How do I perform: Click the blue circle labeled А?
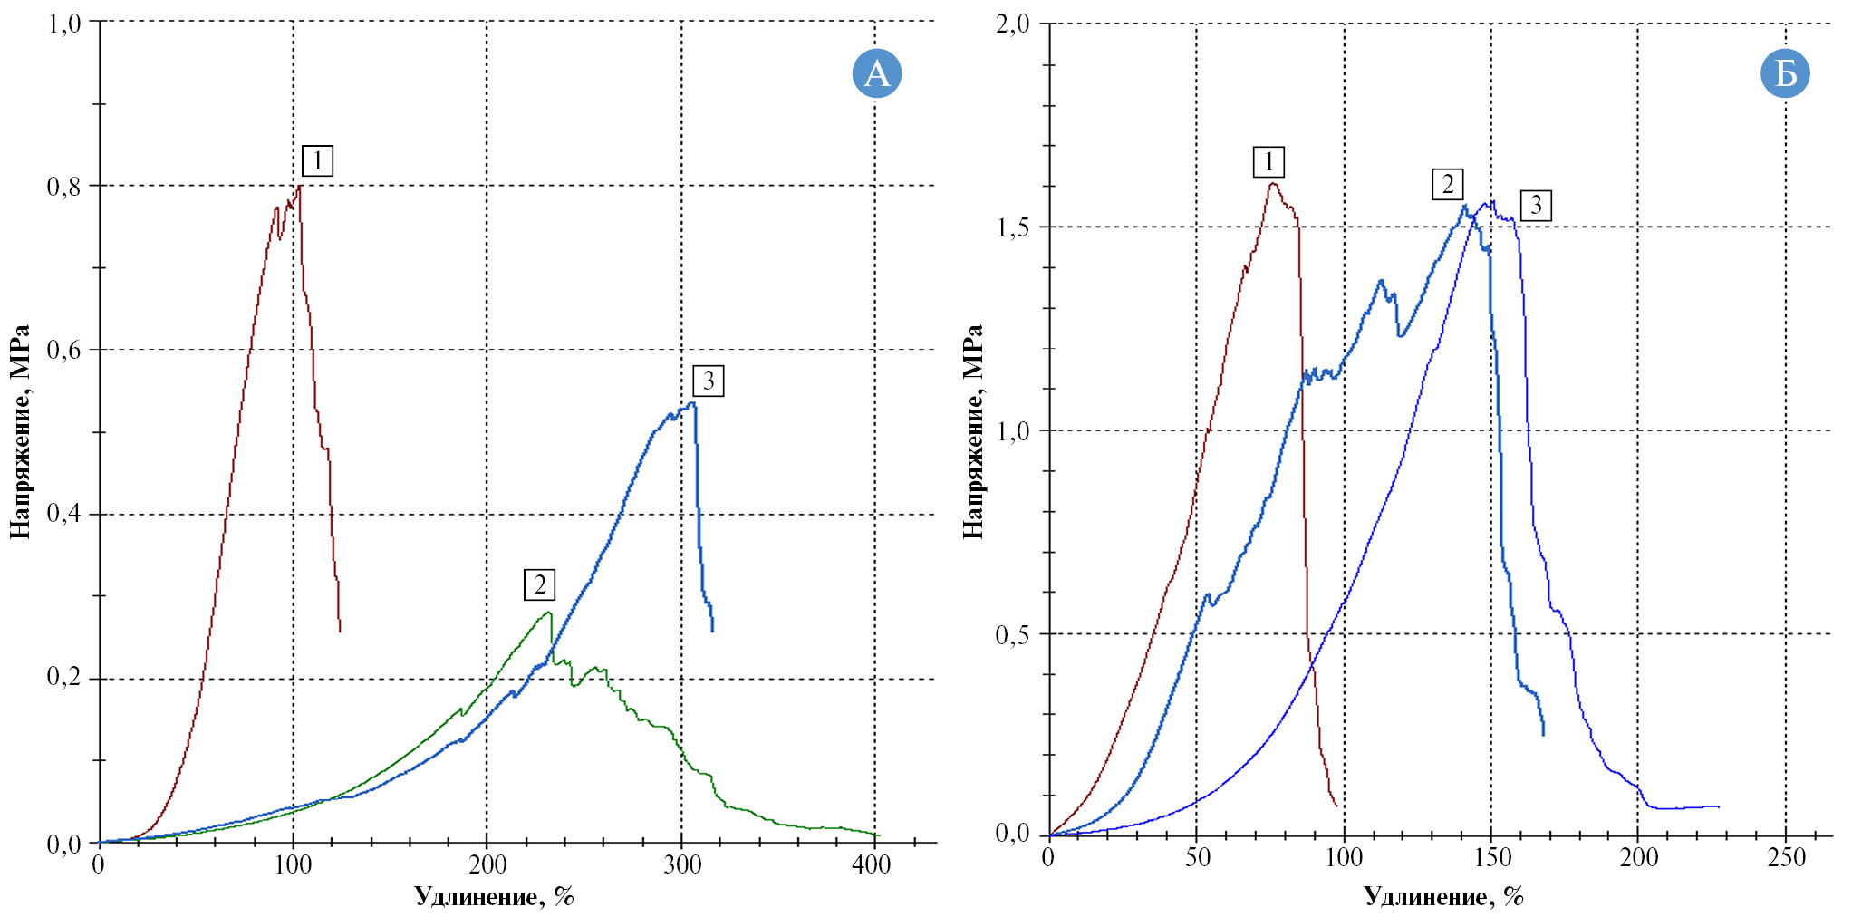tap(876, 73)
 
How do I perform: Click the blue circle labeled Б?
tap(1785, 73)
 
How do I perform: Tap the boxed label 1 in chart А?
tap(317, 161)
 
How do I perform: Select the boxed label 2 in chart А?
tap(539, 584)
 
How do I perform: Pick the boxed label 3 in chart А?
tap(708, 381)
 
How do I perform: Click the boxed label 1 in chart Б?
tap(1268, 162)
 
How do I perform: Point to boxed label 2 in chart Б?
tap(1447, 184)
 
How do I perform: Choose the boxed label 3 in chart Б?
tap(1536, 205)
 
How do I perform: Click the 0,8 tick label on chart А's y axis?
tap(63, 187)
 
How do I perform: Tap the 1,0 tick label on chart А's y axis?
tap(63, 23)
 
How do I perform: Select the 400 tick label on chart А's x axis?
tap(872, 865)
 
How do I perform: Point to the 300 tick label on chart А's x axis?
tap(682, 865)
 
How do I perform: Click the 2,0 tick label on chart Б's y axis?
tap(1013, 24)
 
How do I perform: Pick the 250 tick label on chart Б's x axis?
tap(1786, 858)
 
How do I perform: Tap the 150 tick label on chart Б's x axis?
tap(1492, 858)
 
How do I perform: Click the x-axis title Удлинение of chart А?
tap(494, 896)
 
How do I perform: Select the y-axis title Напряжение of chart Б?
tap(973, 431)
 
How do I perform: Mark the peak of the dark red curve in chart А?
tap(300, 186)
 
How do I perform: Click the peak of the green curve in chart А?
tap(549, 613)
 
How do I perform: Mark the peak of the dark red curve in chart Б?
tap(1273, 183)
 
